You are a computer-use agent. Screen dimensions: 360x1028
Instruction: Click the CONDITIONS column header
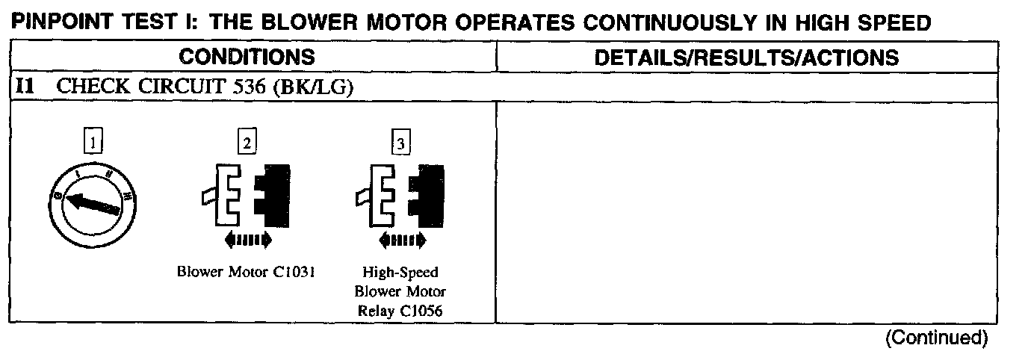247,57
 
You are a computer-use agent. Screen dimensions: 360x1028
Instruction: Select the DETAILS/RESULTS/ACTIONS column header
746,57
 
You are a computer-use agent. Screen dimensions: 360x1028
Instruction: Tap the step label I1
25,87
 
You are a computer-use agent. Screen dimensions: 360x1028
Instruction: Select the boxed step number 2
246,142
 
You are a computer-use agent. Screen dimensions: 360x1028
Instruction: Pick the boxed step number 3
400,143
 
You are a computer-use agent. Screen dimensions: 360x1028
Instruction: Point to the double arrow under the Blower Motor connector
247,240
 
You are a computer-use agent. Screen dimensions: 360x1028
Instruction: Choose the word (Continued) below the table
936,338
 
